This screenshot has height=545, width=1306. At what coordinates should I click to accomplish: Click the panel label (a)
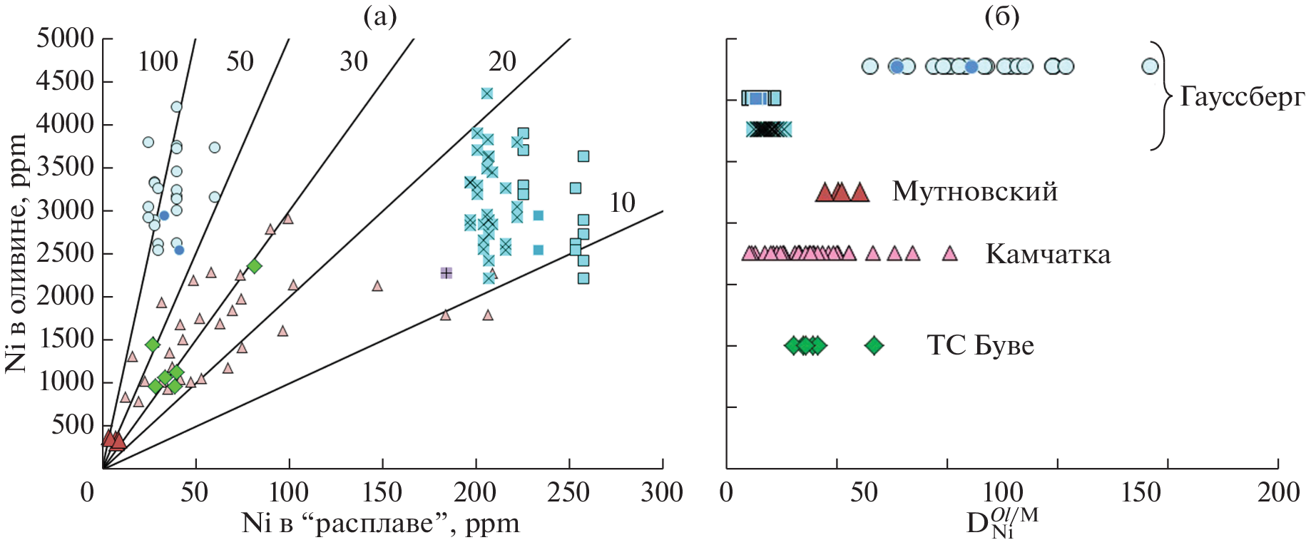379,16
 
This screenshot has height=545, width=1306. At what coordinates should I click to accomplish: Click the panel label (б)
1001,16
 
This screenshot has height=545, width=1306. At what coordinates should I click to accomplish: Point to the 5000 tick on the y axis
66,38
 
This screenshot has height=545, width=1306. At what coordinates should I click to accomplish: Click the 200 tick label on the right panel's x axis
1277,492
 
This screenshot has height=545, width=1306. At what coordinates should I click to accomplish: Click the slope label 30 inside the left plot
353,62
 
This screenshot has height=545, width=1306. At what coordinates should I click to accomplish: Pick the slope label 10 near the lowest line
622,203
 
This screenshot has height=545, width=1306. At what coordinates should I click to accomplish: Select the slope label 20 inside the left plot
502,62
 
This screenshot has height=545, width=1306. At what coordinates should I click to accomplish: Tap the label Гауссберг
1242,97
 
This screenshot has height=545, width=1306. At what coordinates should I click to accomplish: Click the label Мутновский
974,192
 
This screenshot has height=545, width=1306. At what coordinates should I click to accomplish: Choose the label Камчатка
1048,255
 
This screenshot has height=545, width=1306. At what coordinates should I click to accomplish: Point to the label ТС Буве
980,346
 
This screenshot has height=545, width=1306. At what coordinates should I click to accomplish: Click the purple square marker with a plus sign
447,272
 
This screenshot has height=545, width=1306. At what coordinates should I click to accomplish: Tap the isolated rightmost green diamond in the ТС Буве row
874,346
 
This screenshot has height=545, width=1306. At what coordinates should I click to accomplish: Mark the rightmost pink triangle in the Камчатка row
949,253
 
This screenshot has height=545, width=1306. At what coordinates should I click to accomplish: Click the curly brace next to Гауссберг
1163,96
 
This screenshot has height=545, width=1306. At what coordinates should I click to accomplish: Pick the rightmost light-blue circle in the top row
1150,66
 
